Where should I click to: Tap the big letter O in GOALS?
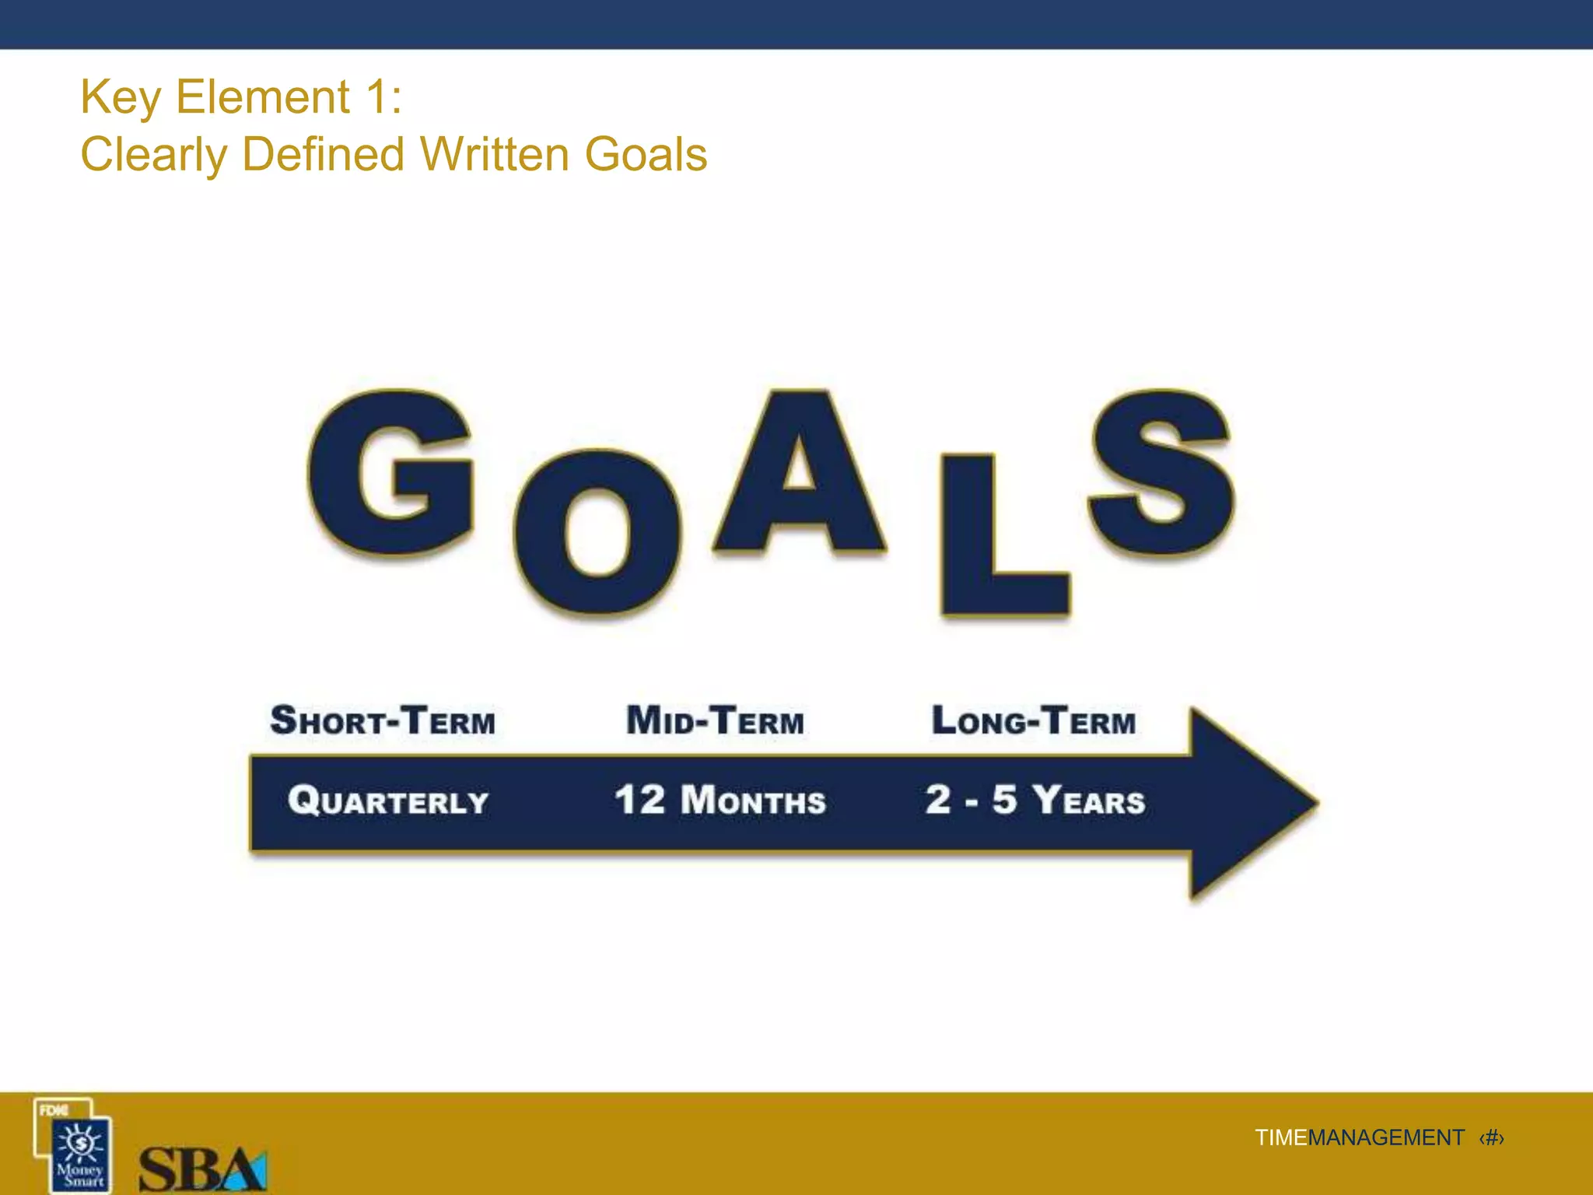[x=597, y=534]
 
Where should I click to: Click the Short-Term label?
[x=383, y=720]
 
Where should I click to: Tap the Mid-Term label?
[x=715, y=720]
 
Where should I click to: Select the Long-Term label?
[x=1034, y=720]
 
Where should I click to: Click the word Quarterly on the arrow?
[x=388, y=801]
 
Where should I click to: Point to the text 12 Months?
[x=719, y=801]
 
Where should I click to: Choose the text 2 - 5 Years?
[x=1035, y=801]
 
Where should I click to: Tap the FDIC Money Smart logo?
[x=75, y=1145]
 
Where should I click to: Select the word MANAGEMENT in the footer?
[x=1386, y=1137]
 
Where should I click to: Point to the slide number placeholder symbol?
[x=1492, y=1137]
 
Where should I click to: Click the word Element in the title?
[x=263, y=97]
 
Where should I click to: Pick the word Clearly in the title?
[x=154, y=154]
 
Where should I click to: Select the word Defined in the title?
[x=324, y=154]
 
